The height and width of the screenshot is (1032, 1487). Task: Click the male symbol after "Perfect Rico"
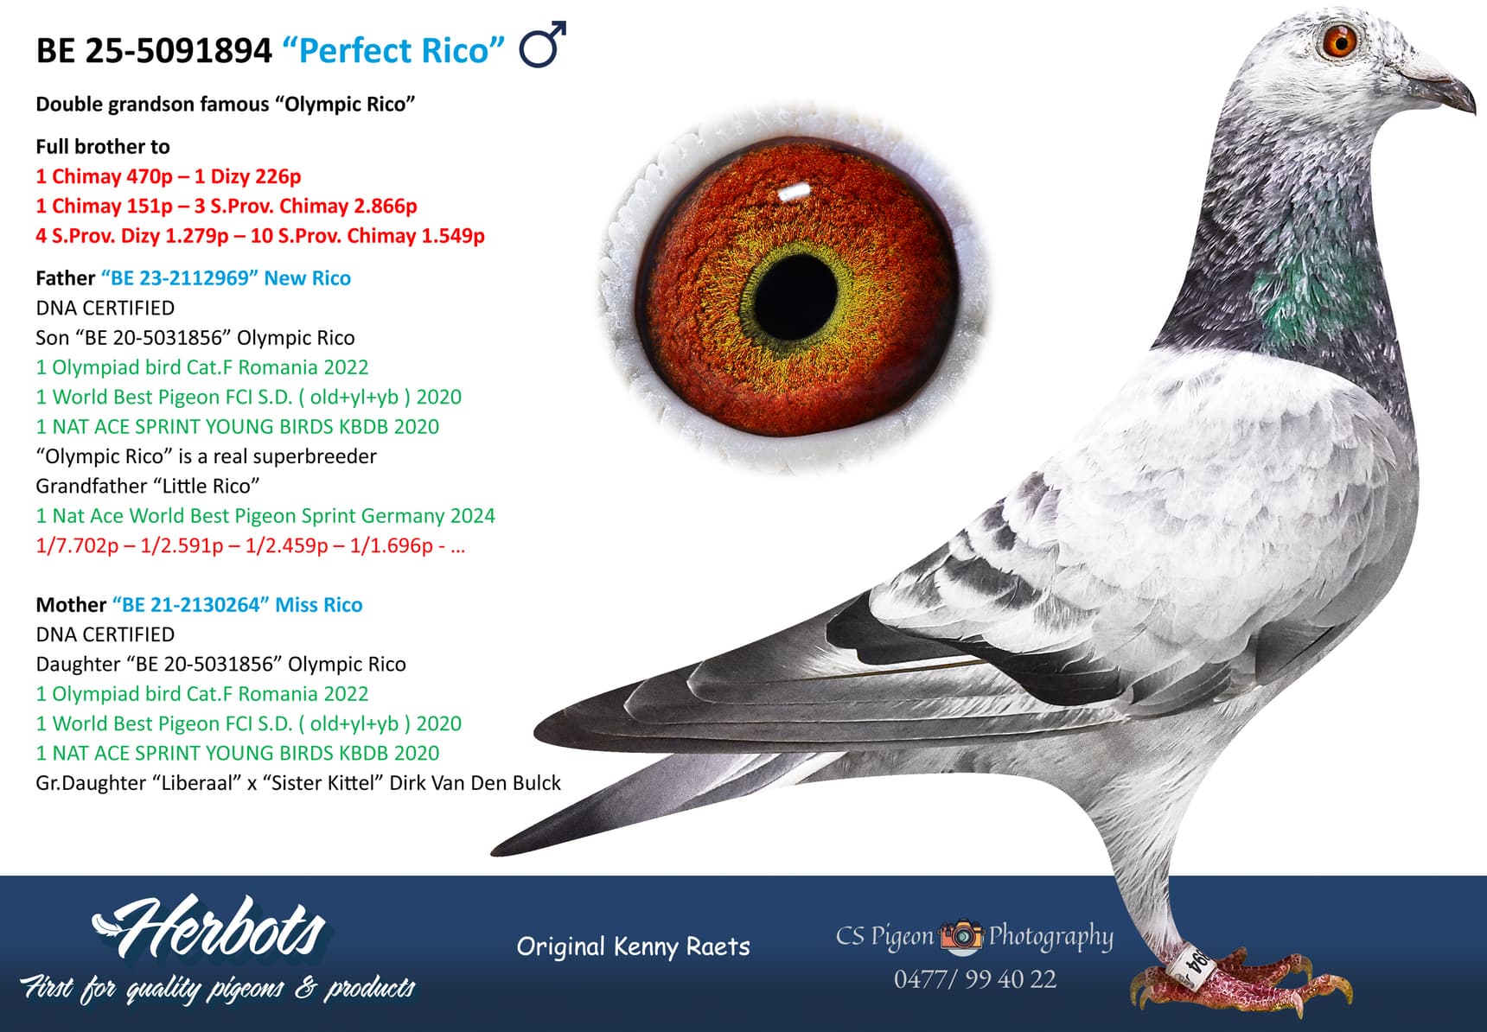[x=542, y=46]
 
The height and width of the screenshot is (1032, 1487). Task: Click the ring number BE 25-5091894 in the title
[x=154, y=51]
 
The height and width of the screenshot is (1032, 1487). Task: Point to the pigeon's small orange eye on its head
[x=1340, y=40]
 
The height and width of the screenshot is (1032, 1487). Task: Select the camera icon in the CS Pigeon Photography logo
[x=961, y=935]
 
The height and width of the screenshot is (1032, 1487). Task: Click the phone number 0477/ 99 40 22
[x=974, y=979]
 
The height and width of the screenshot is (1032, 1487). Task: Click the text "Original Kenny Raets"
[x=633, y=946]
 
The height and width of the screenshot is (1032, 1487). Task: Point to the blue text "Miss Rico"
[x=318, y=605]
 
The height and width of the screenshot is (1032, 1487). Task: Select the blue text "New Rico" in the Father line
[x=307, y=278]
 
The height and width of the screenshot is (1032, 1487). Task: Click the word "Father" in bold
[x=65, y=278]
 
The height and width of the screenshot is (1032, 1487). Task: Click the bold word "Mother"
[x=71, y=605]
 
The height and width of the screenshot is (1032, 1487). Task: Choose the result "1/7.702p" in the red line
[x=77, y=545]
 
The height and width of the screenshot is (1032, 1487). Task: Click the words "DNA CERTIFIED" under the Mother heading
[x=105, y=634]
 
